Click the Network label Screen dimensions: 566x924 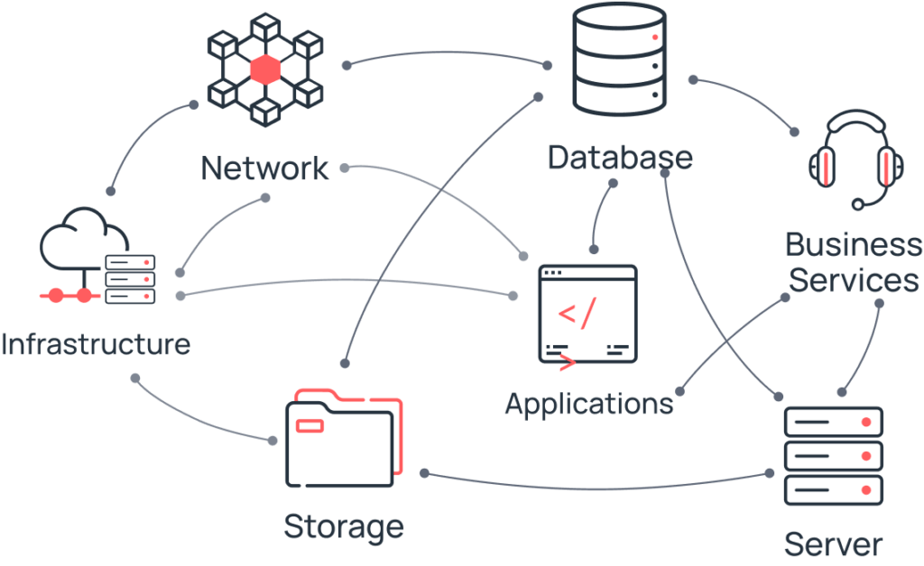tap(265, 168)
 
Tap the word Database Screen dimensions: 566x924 tap(621, 159)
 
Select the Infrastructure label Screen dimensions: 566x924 tap(96, 343)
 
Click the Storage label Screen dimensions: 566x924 tap(344, 525)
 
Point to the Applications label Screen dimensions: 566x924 tap(588, 404)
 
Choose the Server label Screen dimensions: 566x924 tap(832, 544)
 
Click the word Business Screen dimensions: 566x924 tap(854, 245)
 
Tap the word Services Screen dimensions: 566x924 tap(854, 280)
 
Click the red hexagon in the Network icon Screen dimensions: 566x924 tap(265, 69)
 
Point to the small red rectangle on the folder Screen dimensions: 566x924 tap(310, 424)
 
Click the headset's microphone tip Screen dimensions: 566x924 tap(858, 205)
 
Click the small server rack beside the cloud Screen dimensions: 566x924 tap(131, 278)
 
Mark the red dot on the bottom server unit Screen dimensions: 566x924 tap(866, 489)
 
